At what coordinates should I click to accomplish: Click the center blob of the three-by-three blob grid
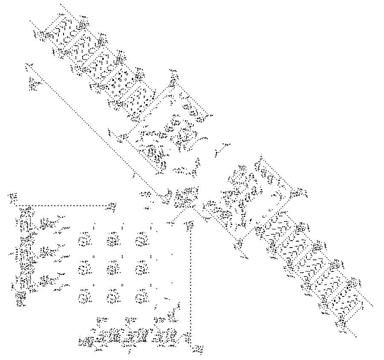click(x=113, y=268)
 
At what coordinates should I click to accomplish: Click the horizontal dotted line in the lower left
click(x=64, y=206)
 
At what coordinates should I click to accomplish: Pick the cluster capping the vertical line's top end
click(x=190, y=224)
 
